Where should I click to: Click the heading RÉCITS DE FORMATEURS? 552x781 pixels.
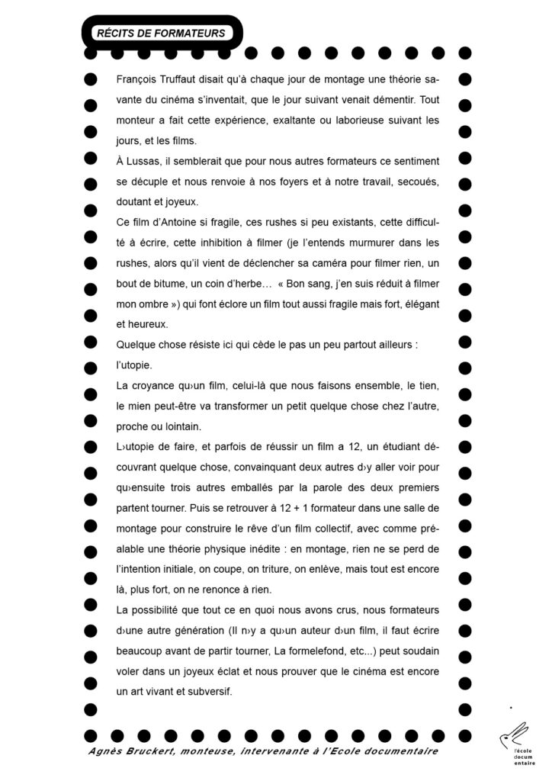point(160,33)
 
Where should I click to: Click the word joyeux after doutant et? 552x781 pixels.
point(180,203)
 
